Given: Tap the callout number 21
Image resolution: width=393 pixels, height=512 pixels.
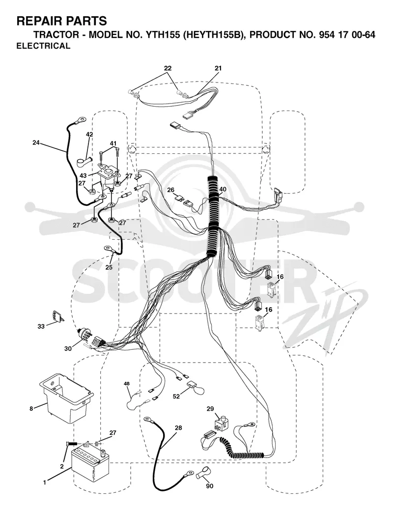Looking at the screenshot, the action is (218, 69).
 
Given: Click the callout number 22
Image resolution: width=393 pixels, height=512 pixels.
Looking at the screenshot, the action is (168, 68).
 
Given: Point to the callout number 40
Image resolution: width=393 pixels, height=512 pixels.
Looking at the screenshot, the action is (223, 189).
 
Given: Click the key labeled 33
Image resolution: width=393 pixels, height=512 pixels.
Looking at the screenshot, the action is (57, 316).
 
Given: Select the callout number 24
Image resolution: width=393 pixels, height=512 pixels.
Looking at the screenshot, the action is (36, 142).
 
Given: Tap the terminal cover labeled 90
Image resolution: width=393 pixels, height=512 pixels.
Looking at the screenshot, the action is (203, 472).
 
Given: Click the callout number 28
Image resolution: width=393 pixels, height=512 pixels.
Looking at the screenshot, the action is (178, 428).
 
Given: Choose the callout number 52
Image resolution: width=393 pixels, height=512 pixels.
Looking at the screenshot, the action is (176, 396).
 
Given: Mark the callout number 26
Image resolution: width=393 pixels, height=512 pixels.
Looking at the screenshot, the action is (171, 190).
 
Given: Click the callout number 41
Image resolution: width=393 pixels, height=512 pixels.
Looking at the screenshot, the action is (113, 143).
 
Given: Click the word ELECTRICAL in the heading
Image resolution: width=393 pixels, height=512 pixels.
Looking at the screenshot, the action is (43, 46).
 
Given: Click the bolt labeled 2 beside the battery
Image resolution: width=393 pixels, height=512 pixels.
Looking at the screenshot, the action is (71, 444).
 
